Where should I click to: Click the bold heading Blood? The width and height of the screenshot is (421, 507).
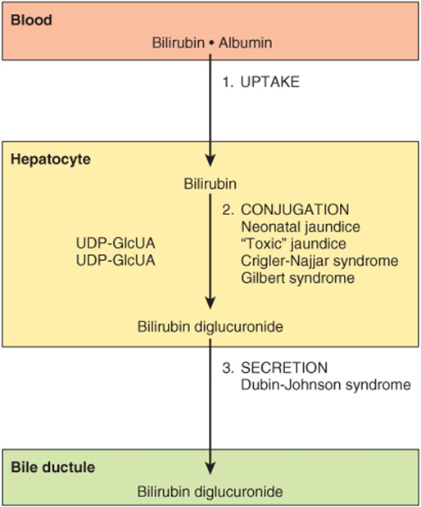(x=31, y=20)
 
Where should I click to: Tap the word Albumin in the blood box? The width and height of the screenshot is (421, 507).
(x=245, y=43)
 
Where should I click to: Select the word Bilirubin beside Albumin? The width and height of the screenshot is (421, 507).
(x=178, y=43)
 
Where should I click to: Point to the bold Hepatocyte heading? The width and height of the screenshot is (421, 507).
(x=51, y=159)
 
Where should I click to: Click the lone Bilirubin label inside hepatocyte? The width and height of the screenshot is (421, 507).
(x=210, y=184)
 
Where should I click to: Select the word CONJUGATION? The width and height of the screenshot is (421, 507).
(x=295, y=209)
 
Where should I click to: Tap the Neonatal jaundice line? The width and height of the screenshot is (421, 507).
(x=301, y=227)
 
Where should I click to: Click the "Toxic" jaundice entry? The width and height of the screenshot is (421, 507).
(x=293, y=244)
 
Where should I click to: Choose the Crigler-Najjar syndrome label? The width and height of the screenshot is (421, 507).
(x=319, y=261)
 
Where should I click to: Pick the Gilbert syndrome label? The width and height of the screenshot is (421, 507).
(x=298, y=278)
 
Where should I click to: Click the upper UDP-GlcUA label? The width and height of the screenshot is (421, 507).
(x=115, y=243)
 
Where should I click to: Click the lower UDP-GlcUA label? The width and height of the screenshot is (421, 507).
(x=115, y=260)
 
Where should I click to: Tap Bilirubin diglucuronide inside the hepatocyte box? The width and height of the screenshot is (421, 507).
(x=210, y=326)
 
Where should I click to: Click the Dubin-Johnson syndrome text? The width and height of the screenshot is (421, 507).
(x=326, y=385)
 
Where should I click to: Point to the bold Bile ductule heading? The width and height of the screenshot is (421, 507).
(x=52, y=467)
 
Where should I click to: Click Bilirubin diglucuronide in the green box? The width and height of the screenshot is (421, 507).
(x=210, y=491)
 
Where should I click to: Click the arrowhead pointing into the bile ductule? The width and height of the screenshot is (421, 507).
(x=210, y=468)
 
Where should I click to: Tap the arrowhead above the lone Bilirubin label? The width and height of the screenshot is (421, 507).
(x=210, y=159)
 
